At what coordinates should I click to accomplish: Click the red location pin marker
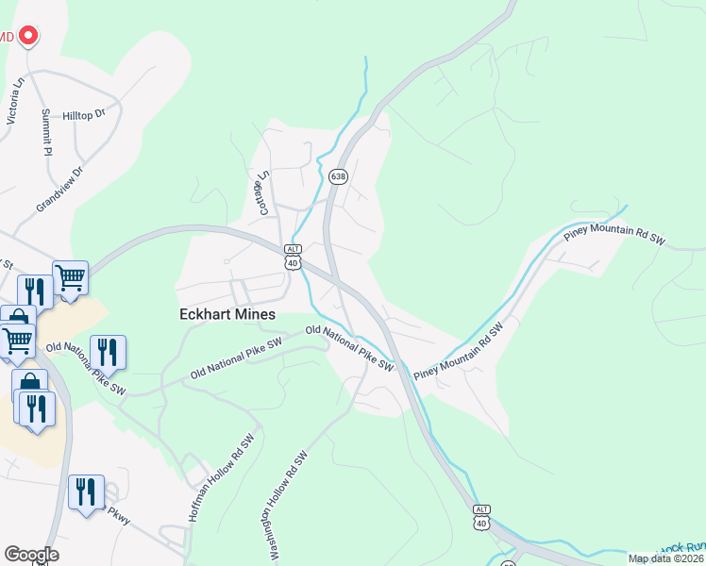27,36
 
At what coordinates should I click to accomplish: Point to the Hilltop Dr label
84,115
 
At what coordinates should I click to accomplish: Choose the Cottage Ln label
264,192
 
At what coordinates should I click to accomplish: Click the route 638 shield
338,176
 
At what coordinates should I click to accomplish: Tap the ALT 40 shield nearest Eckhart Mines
292,256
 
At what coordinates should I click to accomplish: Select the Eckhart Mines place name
228,314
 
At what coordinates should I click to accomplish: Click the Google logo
31,554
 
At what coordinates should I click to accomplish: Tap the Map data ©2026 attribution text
664,558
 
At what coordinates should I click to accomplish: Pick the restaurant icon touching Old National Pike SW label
108,353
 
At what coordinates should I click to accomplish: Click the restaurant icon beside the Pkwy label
86,491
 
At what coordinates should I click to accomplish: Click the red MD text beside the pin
7,37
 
